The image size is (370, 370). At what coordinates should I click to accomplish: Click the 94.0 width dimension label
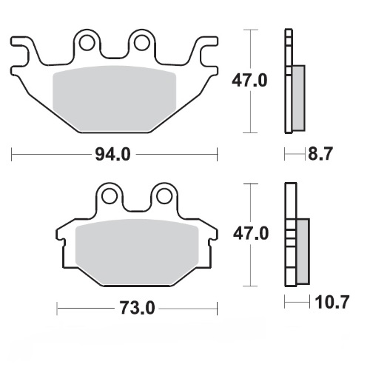[x=115, y=155]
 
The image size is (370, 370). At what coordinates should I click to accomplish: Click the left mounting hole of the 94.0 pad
[x=87, y=41]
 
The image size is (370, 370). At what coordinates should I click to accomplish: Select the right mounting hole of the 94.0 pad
[x=140, y=41]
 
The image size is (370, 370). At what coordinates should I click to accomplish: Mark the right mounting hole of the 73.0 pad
[x=161, y=196]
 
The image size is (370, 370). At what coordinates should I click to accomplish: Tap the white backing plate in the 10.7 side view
[x=289, y=237]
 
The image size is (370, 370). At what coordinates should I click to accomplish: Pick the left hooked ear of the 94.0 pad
[x=24, y=52]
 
